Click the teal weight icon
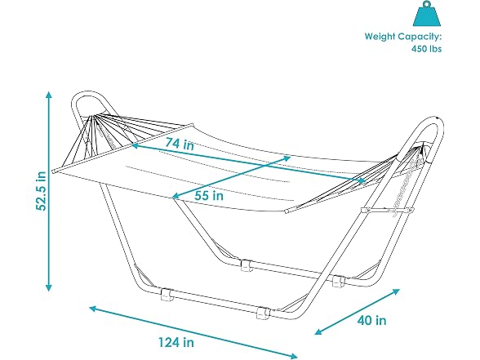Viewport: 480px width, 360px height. [427, 15]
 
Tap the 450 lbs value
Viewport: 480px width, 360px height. [426, 49]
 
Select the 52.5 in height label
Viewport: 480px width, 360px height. [41, 191]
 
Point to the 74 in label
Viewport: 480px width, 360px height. [180, 144]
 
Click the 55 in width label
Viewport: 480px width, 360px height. [209, 195]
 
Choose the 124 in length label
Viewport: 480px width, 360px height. [176, 342]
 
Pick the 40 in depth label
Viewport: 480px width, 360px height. [371, 321]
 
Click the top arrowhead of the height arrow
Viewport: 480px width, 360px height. [48, 95]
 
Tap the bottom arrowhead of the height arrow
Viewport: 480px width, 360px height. [48, 287]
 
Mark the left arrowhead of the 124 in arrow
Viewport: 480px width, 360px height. [93, 309]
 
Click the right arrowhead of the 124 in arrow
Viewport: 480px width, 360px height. [293, 356]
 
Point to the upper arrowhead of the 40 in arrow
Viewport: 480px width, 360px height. [396, 291]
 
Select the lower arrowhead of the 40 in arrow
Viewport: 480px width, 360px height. [318, 331]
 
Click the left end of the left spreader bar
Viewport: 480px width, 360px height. [54, 171]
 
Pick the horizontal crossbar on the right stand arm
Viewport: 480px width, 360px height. [387, 210]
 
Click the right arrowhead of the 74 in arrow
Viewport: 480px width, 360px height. [362, 181]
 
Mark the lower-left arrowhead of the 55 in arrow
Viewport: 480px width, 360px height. [176, 197]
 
